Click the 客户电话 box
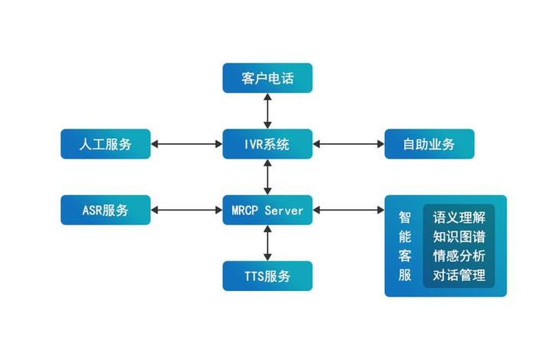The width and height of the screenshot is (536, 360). pos(267,78)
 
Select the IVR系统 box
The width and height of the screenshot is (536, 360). pos(267,143)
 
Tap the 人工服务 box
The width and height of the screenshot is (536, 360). pos(106,143)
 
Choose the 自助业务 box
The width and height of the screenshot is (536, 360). pos(430,143)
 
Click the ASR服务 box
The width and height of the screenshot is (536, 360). pos(106,210)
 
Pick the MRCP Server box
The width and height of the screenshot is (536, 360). pos(267,210)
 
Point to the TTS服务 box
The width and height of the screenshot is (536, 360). pos(267,276)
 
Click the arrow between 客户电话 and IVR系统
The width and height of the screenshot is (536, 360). pos(267,110)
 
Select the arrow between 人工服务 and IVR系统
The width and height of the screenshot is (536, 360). pos(187,143)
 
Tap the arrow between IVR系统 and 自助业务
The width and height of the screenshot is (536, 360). pos(348,143)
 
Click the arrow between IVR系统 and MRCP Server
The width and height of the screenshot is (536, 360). pos(267,176)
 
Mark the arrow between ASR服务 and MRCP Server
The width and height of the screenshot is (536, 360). pos(187,210)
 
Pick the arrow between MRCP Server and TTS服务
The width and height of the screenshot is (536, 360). pos(267,243)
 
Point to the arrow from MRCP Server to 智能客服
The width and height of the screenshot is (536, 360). pos(348,210)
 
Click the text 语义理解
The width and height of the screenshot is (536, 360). pos(459,217)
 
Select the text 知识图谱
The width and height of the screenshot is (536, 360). pos(459,236)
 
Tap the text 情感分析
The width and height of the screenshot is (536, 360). pos(459,256)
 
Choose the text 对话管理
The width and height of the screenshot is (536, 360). pos(459,275)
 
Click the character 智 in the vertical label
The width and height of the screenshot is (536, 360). pos(405,217)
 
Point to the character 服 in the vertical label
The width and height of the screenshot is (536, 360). pos(405,275)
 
